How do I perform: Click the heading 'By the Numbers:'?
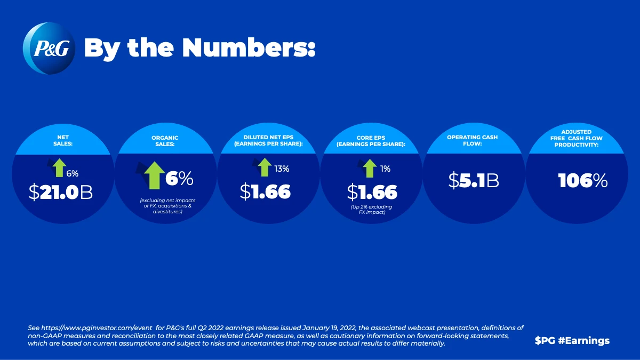tap(200, 49)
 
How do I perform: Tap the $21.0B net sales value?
tap(61, 193)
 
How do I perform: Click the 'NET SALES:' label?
tap(63, 140)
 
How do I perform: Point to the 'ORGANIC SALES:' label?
tap(165, 140)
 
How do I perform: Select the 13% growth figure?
tap(282, 169)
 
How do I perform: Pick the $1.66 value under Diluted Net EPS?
tap(265, 191)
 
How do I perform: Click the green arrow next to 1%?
tap(368, 169)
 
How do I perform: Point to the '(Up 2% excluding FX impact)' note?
tap(372, 209)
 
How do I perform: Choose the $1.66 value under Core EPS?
tap(372, 191)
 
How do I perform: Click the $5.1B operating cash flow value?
tap(473, 181)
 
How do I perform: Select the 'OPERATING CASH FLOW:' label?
tap(472, 140)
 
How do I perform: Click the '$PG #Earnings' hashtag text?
tap(572, 340)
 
